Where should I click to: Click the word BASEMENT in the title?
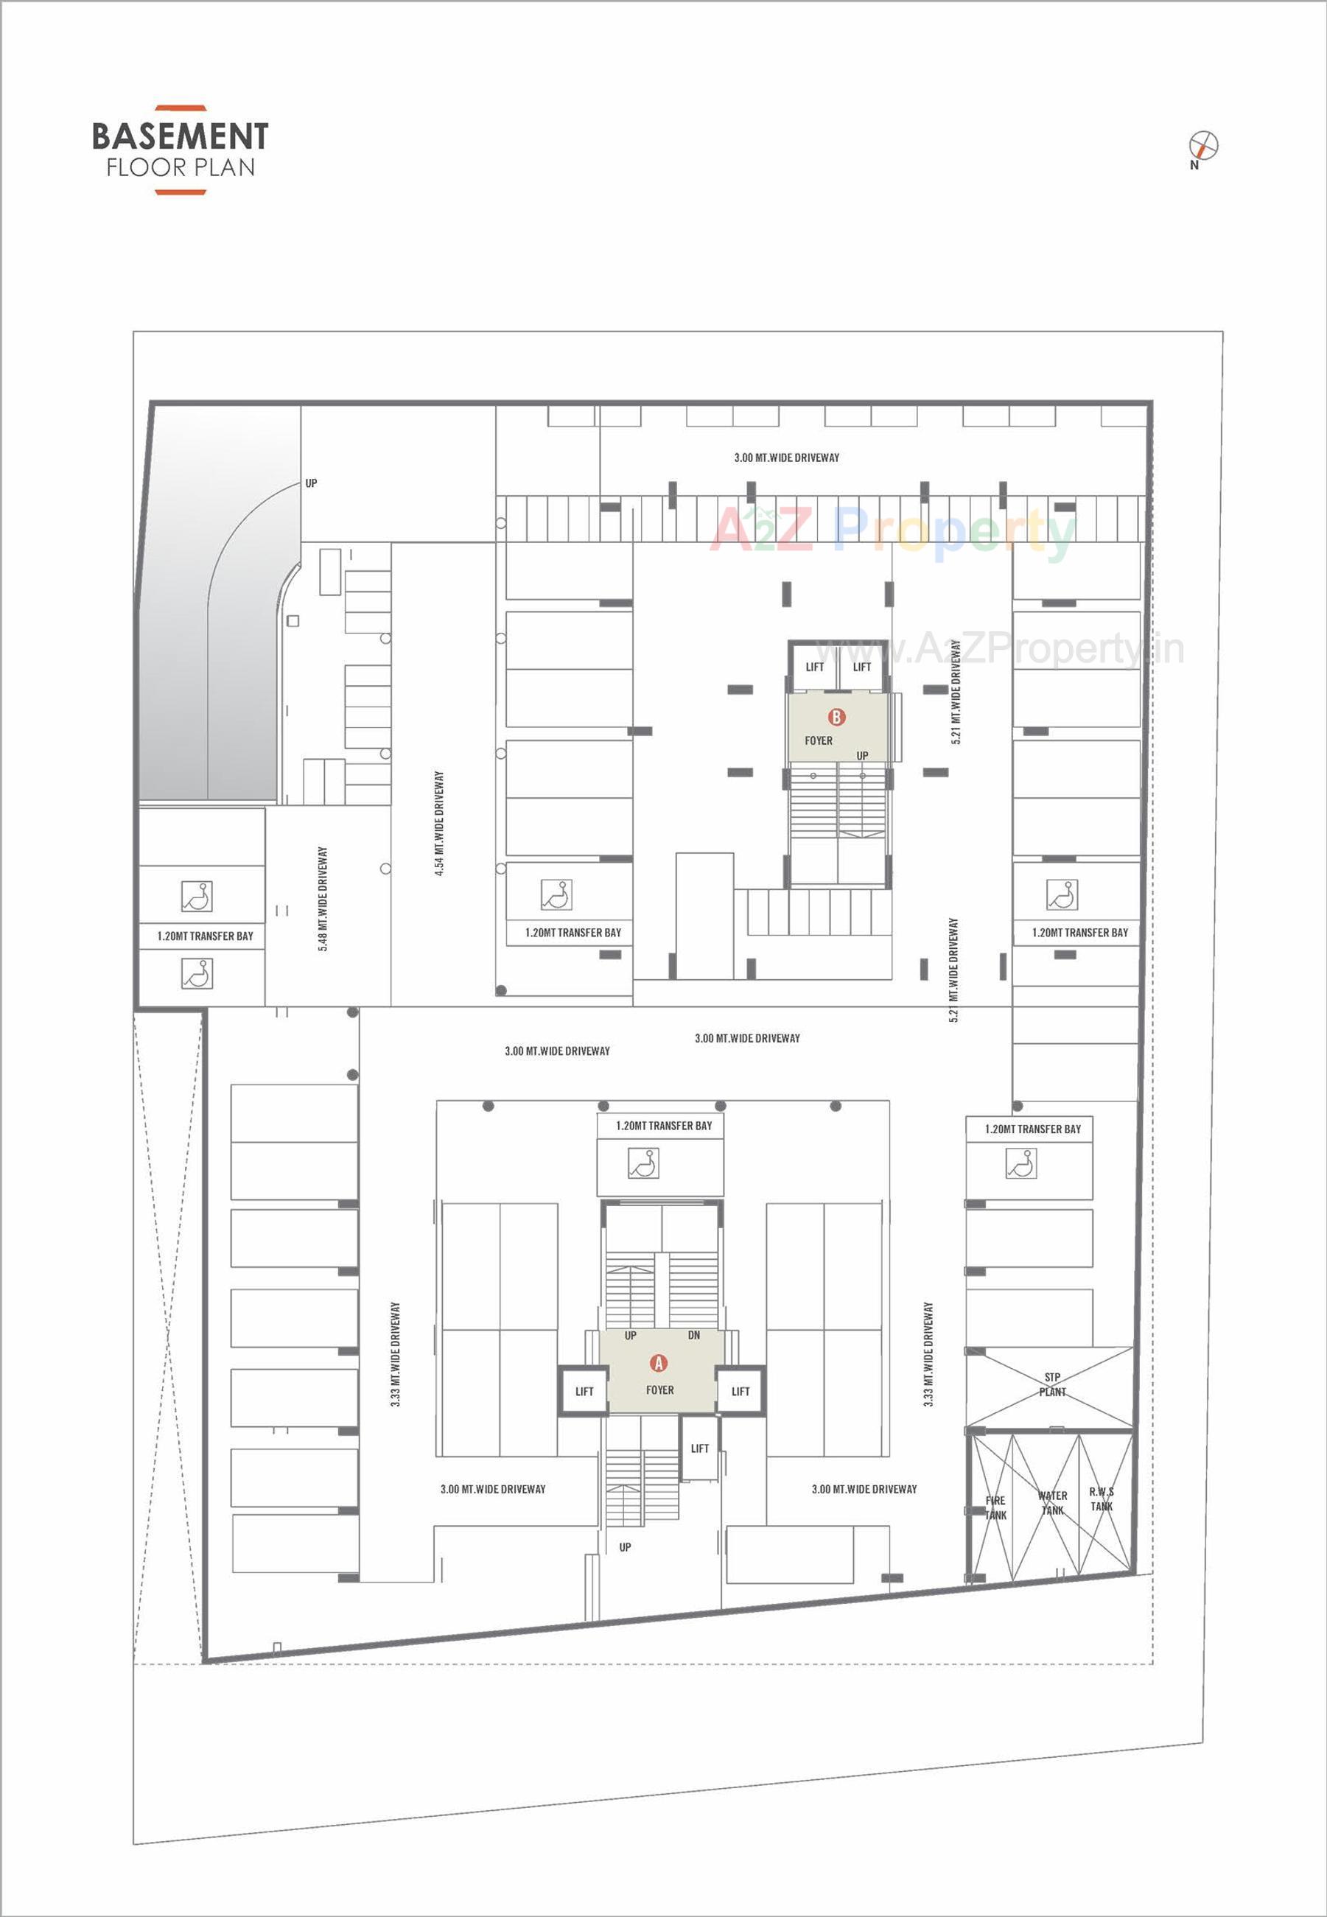point(181,136)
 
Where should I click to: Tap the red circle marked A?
point(659,1362)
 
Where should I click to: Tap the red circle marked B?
point(836,717)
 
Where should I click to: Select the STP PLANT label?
point(1051,1385)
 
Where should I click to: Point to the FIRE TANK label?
point(995,1507)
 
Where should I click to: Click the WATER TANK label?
point(1053,1503)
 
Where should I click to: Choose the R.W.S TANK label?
point(1102,1499)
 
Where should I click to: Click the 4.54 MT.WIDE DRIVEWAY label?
point(439,823)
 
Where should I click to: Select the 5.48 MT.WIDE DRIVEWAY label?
point(323,899)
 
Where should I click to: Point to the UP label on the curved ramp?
point(311,483)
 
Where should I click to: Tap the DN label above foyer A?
point(693,1335)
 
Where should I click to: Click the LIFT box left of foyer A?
point(584,1392)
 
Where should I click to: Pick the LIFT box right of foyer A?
point(740,1392)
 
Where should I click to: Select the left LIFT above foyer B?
point(815,667)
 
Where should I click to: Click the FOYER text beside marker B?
point(818,740)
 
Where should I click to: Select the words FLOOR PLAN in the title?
point(181,168)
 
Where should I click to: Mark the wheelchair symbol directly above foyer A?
point(643,1163)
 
